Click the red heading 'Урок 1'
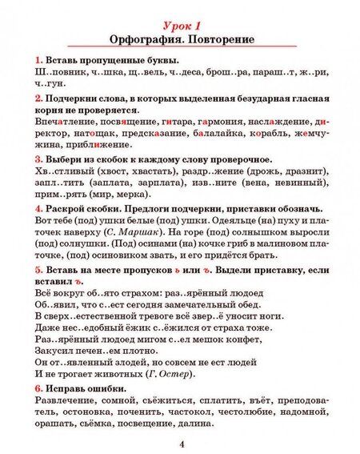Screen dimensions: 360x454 pos(181,23)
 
